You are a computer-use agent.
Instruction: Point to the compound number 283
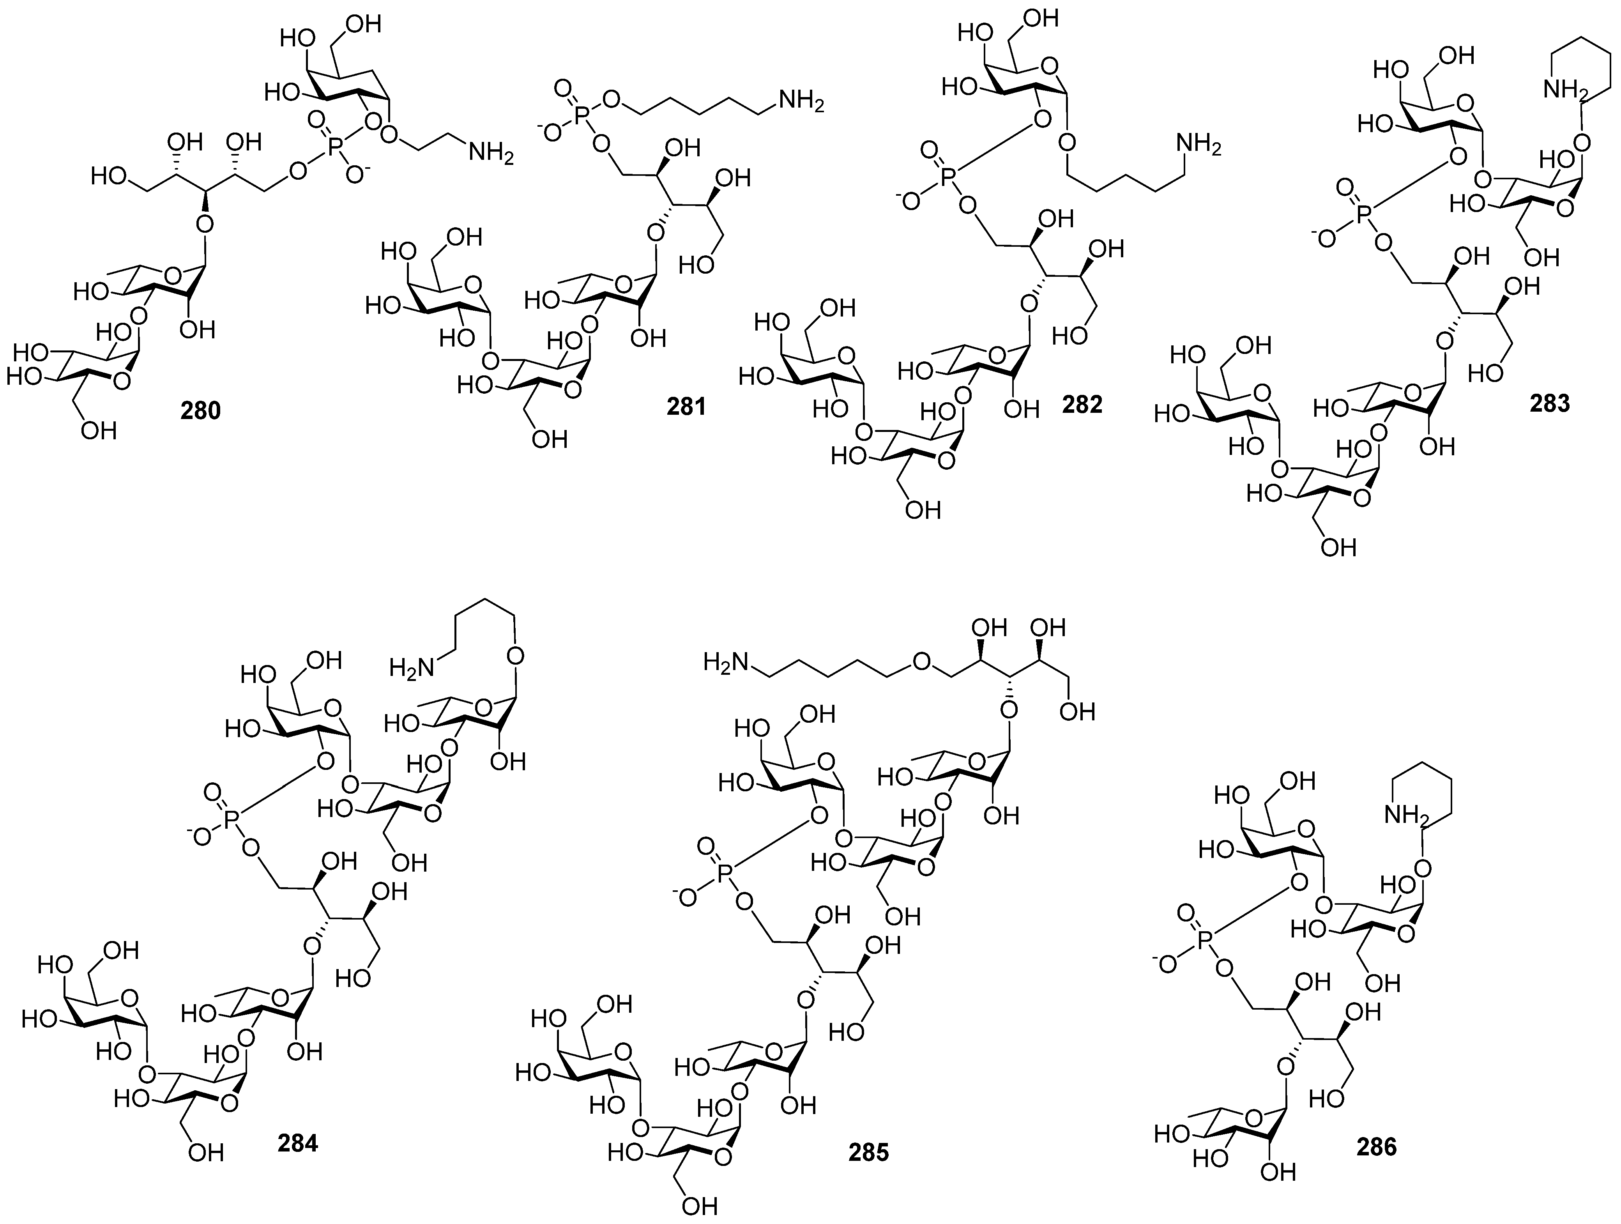coord(1550,402)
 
